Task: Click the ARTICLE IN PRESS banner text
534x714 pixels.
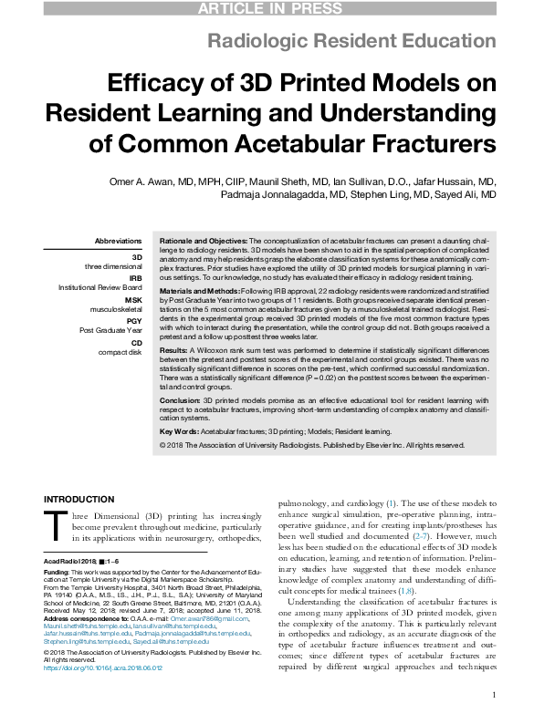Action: (x=267, y=9)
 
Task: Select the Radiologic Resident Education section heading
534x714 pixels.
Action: (x=352, y=41)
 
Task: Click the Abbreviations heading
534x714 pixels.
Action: (x=119, y=241)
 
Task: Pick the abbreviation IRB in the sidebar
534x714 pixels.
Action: (x=136, y=278)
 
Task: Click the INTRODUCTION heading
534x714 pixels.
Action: (x=79, y=499)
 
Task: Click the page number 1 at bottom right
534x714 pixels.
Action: (x=493, y=695)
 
